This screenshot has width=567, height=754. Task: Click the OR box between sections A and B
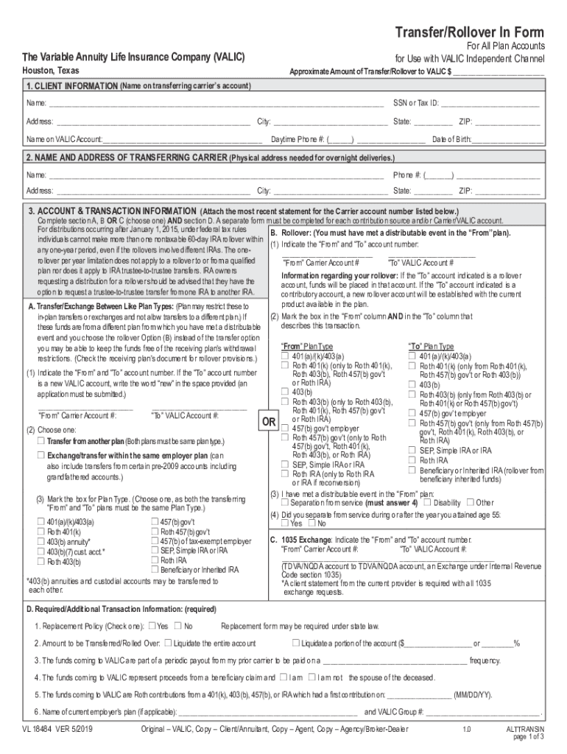tap(269, 423)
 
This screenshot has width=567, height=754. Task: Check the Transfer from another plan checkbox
tap(41, 441)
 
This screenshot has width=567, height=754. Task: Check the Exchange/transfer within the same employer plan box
tap(41, 456)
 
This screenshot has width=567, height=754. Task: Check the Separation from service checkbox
tap(285, 503)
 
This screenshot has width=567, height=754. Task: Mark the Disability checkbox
tap(428, 503)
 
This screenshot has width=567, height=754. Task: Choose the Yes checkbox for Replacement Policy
tap(152, 626)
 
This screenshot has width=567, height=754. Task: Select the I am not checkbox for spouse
tap(311, 677)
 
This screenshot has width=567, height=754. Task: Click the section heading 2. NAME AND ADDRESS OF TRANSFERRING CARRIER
tap(125, 158)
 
